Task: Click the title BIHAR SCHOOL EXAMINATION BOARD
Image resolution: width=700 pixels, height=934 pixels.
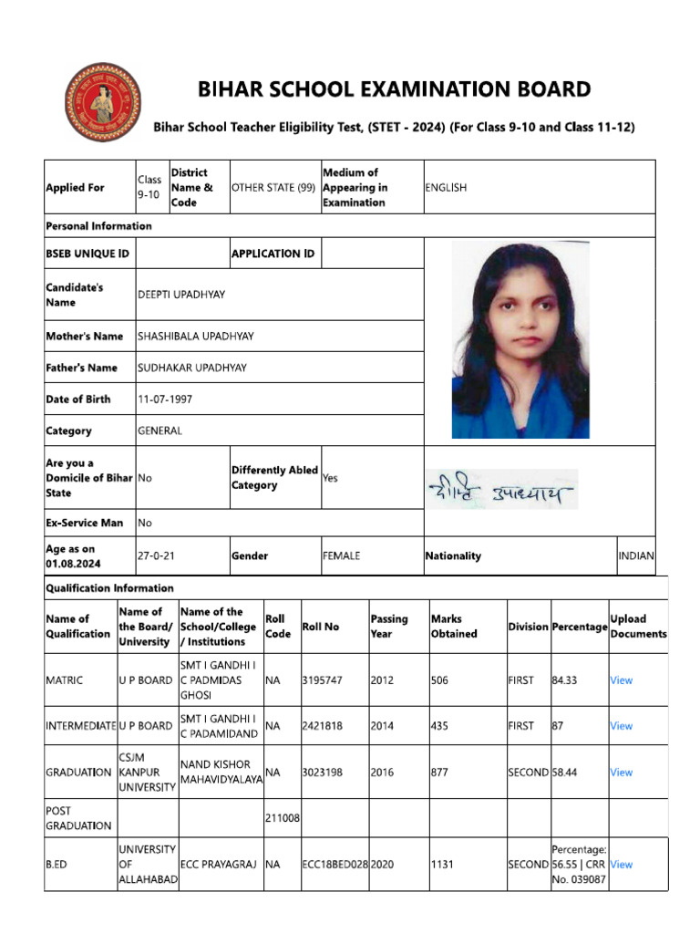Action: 395,89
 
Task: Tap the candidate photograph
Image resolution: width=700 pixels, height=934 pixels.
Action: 514,341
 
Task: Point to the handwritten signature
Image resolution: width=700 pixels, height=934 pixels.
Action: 500,493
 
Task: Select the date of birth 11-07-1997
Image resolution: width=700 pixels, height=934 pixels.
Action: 165,400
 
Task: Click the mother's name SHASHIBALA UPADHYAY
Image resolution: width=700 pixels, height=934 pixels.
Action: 196,337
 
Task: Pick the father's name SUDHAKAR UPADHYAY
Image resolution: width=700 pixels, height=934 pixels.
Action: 192,368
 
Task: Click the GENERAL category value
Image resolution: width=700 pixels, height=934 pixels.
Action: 160,431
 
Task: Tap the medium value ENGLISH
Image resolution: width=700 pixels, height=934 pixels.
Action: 446,187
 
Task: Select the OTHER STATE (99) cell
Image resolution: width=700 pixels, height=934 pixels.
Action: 273,187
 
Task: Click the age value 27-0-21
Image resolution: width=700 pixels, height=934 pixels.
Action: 156,555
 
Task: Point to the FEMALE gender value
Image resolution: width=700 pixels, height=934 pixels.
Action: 341,555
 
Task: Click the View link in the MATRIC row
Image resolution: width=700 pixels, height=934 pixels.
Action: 621,680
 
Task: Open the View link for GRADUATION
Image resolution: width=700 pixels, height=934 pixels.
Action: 621,773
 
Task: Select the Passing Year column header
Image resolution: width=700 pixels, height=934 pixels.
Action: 389,627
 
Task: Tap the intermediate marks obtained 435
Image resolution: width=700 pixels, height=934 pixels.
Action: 440,726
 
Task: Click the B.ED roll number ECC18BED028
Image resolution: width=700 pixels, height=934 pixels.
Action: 335,864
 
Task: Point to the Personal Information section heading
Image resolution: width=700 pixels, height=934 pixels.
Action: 99,226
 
